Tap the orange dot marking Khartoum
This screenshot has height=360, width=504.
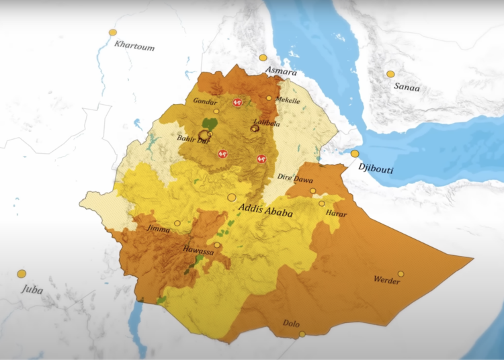point(113,32)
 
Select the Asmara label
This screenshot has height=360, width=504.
point(281,70)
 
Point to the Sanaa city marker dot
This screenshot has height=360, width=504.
point(390,74)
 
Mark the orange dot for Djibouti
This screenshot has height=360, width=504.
point(355,154)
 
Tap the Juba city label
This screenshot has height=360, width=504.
point(32,289)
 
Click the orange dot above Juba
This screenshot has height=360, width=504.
point(22,273)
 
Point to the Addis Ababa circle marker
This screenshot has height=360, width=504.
point(232,197)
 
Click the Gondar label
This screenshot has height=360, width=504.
point(205,101)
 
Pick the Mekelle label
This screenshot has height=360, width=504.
point(288,100)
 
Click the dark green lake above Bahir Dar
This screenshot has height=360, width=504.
point(210,125)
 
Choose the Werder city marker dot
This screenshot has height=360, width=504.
point(401,273)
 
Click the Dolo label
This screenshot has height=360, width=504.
point(292,323)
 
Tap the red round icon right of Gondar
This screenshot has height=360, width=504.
point(236,103)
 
